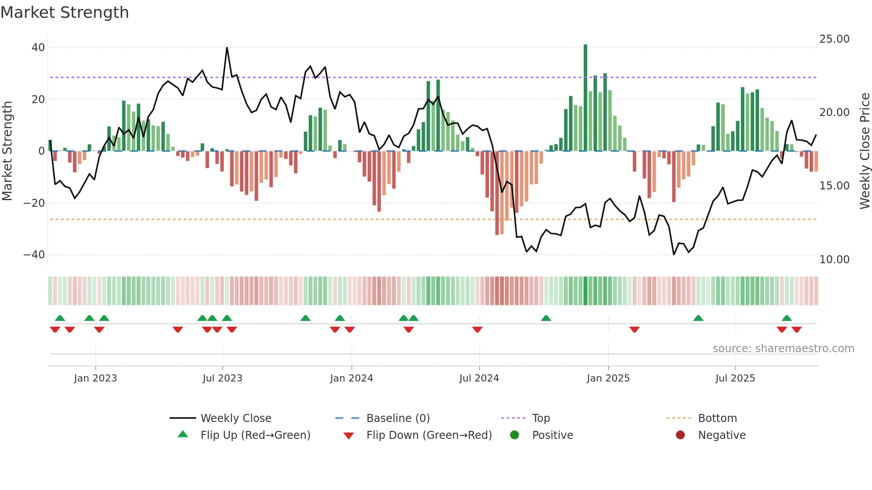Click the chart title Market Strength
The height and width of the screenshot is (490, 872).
tap(65, 12)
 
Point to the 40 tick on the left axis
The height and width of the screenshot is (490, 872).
tap(38, 48)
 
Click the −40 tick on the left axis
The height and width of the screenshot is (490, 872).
tap(34, 255)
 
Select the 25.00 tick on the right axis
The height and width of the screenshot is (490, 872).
tap(834, 39)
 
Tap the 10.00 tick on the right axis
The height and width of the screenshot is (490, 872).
tap(834, 259)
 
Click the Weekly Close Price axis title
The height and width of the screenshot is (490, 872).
tap(864, 151)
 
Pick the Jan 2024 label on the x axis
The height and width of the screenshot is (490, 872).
tap(351, 378)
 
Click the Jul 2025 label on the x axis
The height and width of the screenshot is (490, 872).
tap(735, 378)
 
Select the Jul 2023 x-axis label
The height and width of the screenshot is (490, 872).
tap(222, 378)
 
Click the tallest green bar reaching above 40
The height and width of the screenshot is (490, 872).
tap(585, 98)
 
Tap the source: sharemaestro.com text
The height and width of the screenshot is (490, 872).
tap(783, 349)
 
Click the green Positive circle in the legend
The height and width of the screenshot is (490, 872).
tap(515, 435)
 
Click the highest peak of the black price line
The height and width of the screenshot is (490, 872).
tap(227, 48)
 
